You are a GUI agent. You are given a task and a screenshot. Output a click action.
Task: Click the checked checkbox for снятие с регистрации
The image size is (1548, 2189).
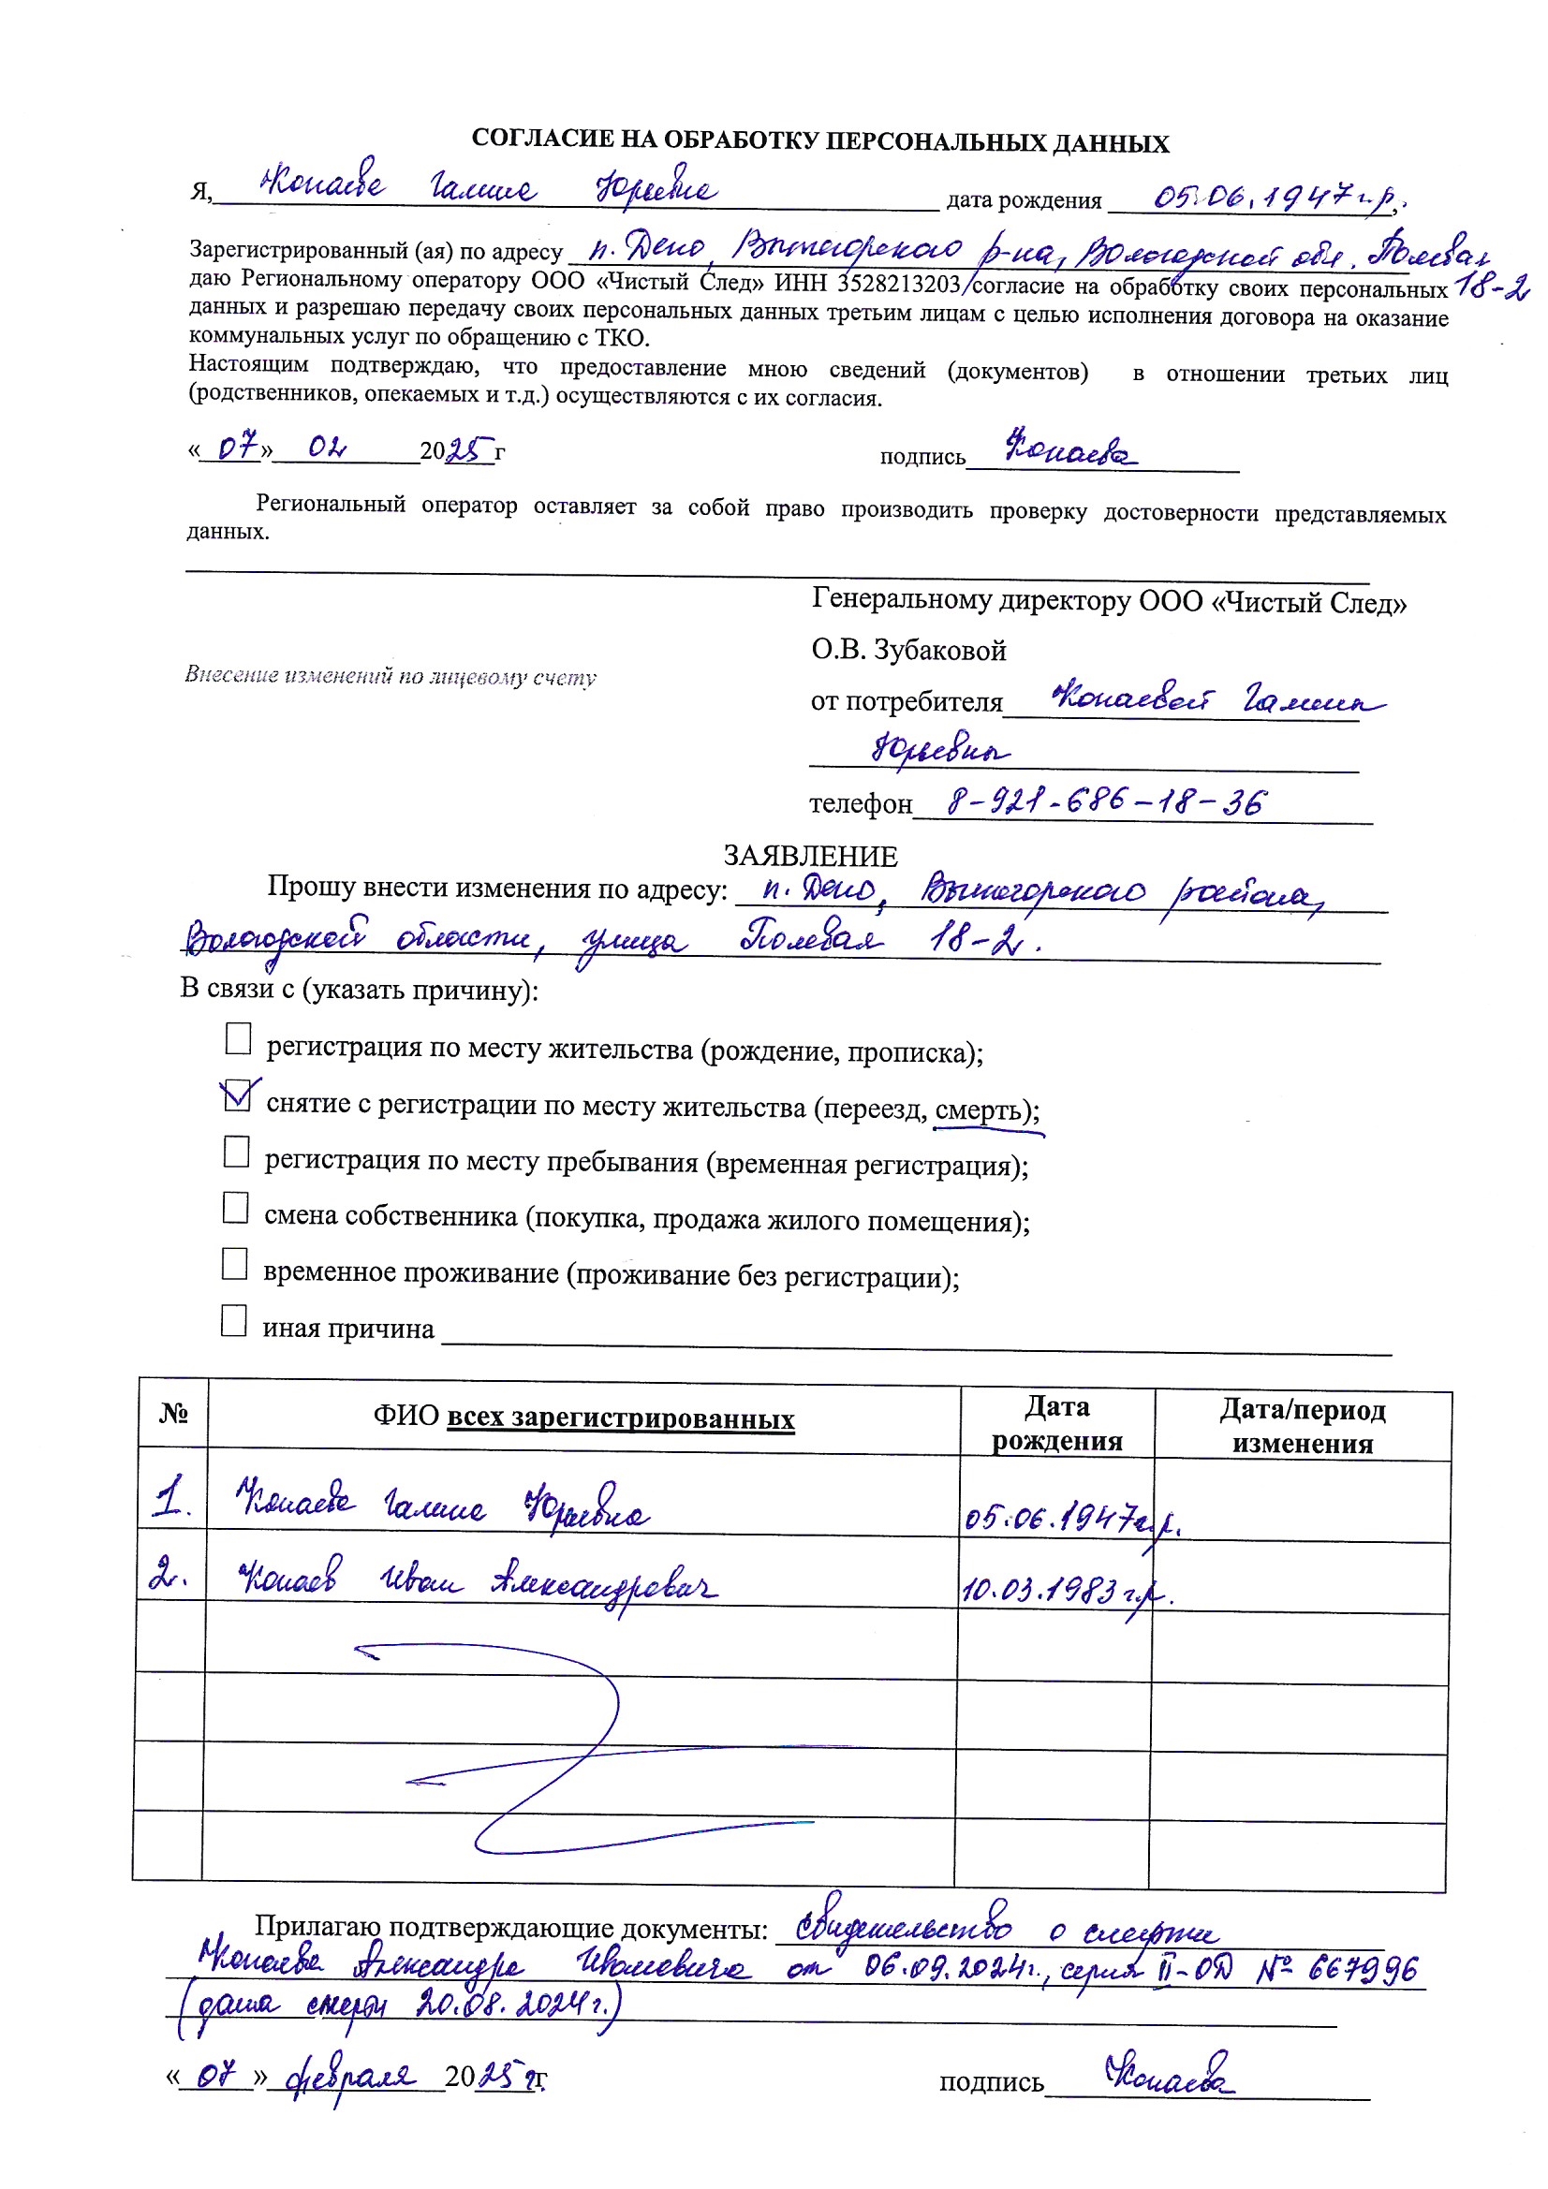[x=237, y=1095]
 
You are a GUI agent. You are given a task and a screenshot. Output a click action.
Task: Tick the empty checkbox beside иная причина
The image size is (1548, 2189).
[x=234, y=1320]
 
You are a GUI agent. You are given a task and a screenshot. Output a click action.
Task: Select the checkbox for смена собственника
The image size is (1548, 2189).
[x=236, y=1207]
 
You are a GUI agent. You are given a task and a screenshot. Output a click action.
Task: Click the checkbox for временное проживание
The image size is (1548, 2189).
[x=235, y=1264]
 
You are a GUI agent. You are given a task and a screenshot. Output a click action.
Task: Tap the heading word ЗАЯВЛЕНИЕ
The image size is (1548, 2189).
[x=810, y=855]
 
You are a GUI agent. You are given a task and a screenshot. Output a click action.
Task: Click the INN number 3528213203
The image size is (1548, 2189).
[x=898, y=284]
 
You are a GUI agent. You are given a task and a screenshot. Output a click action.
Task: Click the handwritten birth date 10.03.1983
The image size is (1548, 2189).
[x=1053, y=1589]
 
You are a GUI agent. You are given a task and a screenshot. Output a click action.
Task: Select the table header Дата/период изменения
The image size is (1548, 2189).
[x=1302, y=1425]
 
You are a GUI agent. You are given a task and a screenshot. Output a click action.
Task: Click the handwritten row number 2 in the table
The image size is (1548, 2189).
[x=168, y=1577]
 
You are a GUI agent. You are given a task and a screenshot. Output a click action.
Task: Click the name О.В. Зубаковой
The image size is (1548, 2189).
[x=908, y=650]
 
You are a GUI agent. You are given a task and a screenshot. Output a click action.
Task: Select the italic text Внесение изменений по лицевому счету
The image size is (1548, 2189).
[x=391, y=676]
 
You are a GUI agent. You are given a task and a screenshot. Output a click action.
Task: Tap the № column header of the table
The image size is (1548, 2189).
[x=172, y=1413]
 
